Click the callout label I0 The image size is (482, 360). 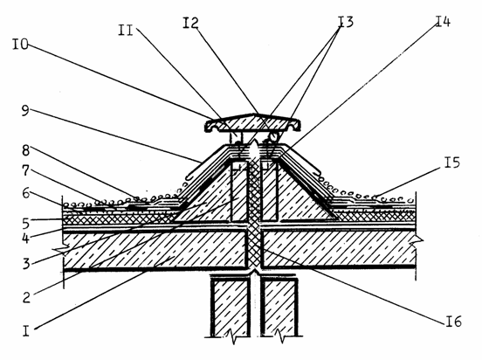(20, 44)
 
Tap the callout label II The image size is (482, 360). (126, 31)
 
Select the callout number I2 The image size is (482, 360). (190, 23)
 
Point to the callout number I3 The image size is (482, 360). (346, 22)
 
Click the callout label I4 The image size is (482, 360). (443, 21)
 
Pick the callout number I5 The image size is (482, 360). (452, 163)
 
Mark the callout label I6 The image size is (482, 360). (454, 322)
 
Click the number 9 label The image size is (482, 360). (25, 110)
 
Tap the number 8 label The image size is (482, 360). (26, 150)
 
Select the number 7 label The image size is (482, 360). (26, 170)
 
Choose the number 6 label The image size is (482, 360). (26, 193)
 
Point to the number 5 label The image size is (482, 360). (26, 224)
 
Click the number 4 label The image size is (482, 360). (26, 238)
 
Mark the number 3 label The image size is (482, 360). (26, 264)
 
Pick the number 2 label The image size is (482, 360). (26, 297)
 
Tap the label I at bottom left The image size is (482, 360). (26, 331)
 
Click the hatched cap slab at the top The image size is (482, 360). (253, 123)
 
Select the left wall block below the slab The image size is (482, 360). (231, 308)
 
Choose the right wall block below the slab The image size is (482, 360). (279, 308)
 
